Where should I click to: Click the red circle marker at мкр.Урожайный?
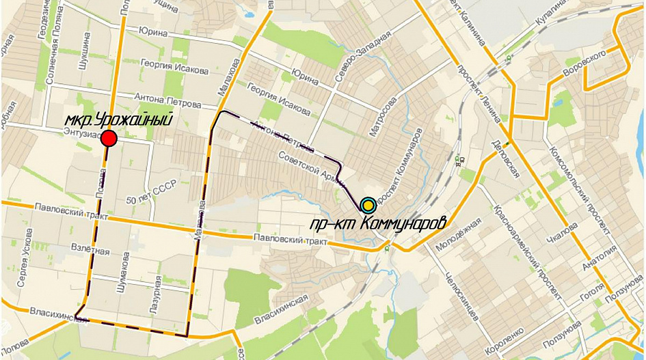coord(109,139)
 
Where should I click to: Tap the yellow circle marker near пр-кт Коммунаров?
coord(368,204)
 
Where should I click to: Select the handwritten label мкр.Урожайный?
coord(118,120)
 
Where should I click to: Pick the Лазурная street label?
coord(157,290)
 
